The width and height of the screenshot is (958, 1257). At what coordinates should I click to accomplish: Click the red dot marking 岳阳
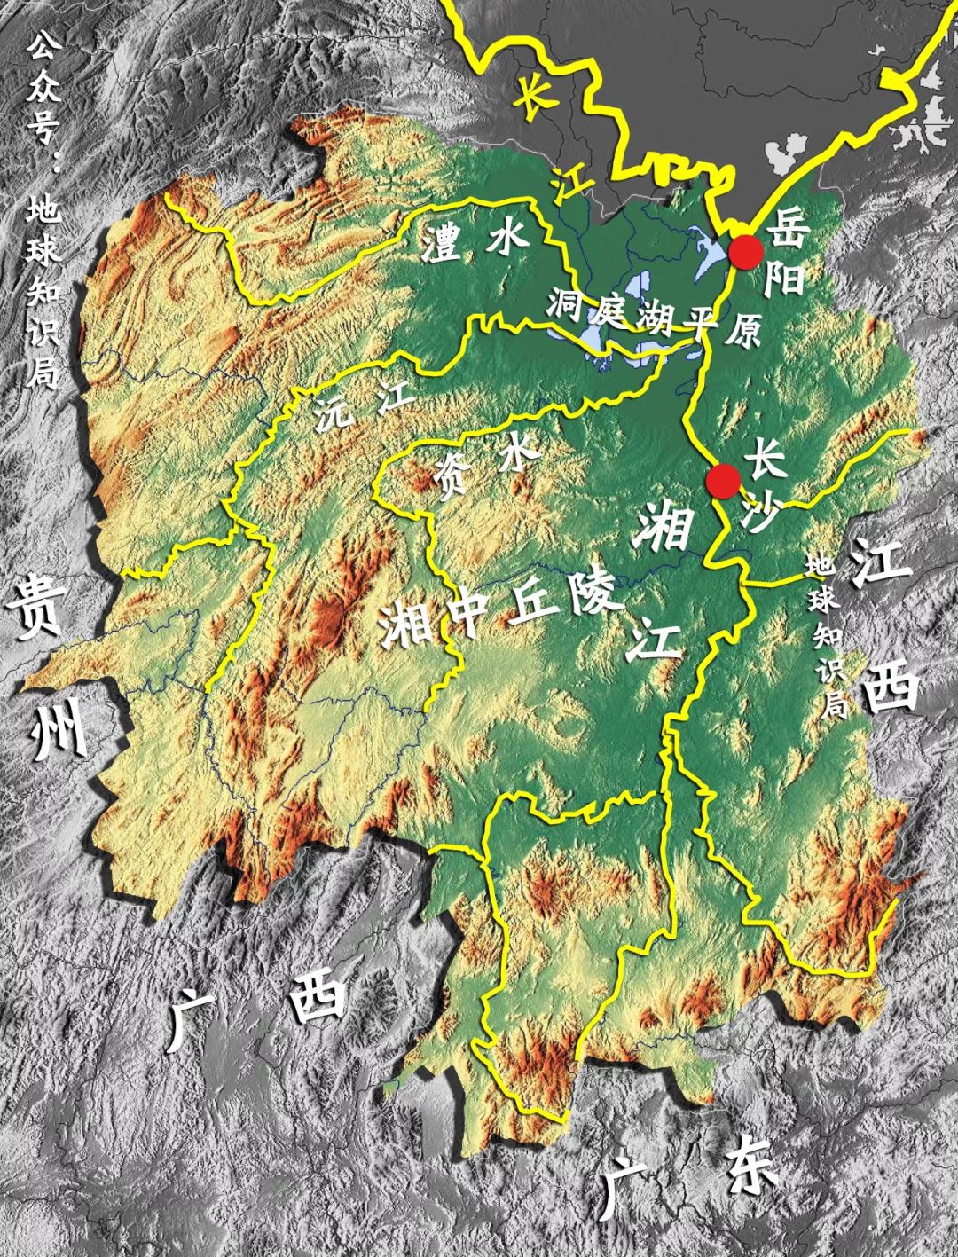click(x=746, y=253)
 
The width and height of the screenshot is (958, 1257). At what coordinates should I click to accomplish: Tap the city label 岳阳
click(x=786, y=253)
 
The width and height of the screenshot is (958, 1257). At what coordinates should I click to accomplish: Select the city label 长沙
click(x=763, y=486)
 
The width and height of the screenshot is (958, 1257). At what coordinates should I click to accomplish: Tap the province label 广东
click(x=688, y=1175)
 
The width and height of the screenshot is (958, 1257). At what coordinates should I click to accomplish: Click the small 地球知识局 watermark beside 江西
click(x=828, y=635)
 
